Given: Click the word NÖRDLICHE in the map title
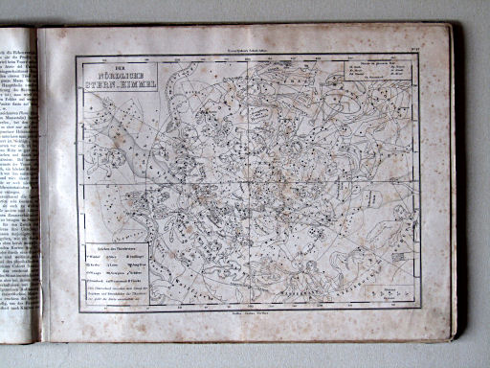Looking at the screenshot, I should pyautogui.click(x=108, y=73).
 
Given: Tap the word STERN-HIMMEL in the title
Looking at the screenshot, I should pyautogui.click(x=109, y=83).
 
